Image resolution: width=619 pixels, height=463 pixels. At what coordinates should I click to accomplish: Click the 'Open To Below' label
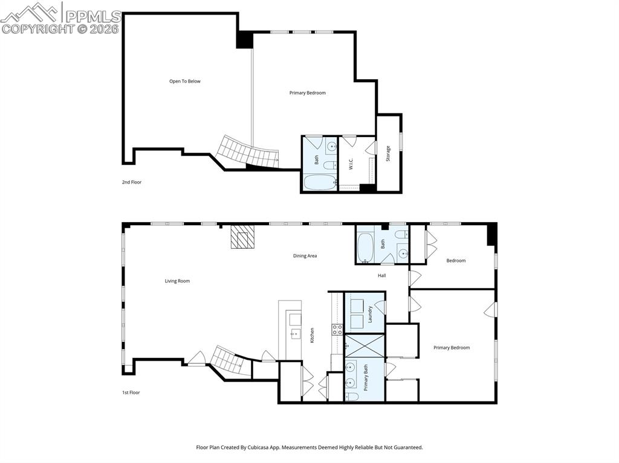click(184, 81)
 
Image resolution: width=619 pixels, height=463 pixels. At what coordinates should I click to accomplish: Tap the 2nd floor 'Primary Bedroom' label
click(307, 93)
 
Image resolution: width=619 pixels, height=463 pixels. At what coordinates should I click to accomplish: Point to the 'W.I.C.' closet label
click(351, 164)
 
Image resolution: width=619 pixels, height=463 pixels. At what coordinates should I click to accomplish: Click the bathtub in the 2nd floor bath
click(319, 182)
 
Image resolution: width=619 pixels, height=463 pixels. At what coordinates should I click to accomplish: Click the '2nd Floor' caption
click(131, 182)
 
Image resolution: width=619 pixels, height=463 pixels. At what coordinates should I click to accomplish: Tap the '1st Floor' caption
click(131, 392)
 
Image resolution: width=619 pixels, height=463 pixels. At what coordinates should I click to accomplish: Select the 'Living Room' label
click(177, 281)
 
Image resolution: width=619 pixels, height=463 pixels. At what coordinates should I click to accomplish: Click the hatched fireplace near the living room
click(243, 237)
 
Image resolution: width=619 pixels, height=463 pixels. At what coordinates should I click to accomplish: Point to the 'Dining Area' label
click(305, 256)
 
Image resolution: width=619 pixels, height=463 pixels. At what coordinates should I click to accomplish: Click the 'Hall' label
click(381, 275)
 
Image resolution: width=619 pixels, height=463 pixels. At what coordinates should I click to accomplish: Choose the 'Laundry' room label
click(370, 313)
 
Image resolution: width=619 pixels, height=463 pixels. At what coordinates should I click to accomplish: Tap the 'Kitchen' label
click(312, 336)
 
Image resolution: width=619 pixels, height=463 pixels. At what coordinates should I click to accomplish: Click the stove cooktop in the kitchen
click(337, 329)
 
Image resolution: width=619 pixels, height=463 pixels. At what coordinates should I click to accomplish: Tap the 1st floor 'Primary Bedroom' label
click(451, 348)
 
